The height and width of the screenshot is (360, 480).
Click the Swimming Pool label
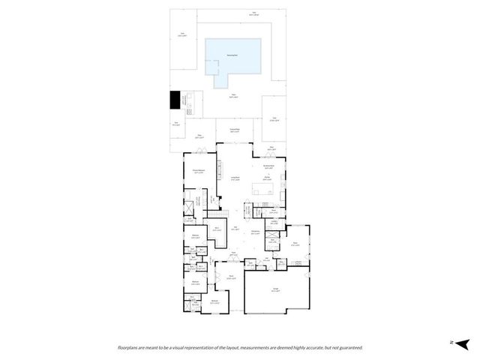tap(234, 55)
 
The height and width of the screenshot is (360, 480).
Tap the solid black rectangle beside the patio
tap(175, 100)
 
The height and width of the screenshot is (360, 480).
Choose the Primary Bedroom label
tap(199, 172)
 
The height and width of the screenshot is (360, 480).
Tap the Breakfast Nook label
tap(268, 167)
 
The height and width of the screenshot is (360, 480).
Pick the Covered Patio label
tap(234, 131)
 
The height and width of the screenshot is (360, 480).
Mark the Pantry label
tap(274, 221)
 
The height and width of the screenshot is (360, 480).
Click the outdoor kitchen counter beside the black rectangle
tap(187, 101)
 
